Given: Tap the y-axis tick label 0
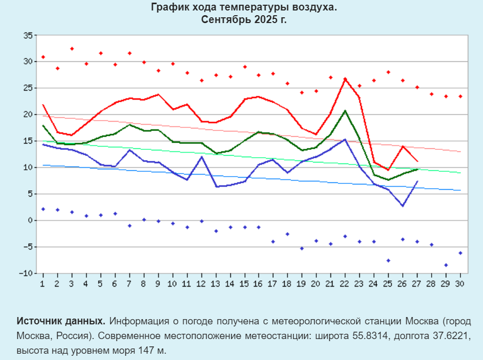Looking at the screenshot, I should tap(30, 220).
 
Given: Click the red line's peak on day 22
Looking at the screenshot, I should tap(345, 79).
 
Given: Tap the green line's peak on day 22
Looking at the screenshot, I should tap(345, 111).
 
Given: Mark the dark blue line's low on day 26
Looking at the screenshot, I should tap(402, 206).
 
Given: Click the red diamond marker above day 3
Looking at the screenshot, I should tap(72, 49).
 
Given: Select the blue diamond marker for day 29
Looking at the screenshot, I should tap(446, 265).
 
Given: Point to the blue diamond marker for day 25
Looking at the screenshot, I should tap(388, 260).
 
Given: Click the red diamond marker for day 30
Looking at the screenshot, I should tap(460, 96).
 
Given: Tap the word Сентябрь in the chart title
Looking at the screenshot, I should tap(224, 19).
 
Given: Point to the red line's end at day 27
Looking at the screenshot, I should tap(417, 161).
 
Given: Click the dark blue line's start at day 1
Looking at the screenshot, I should tap(43, 144).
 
